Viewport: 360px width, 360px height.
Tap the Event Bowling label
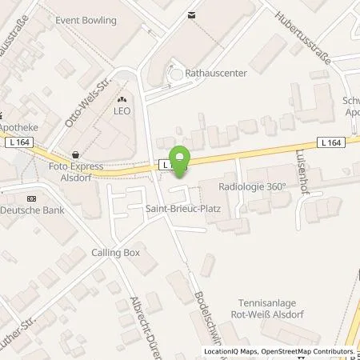point(86,20)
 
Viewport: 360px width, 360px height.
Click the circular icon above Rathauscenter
point(176,74)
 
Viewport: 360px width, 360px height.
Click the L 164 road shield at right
point(329,142)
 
